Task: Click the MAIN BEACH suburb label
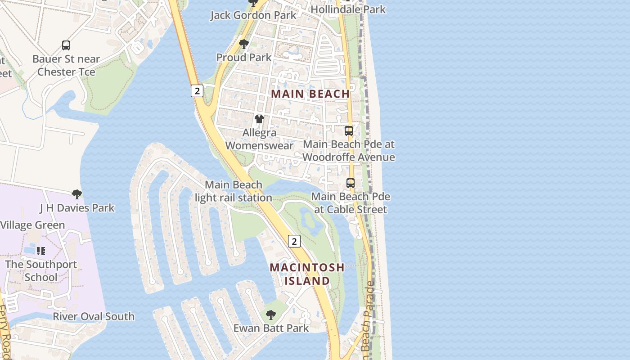tap(310, 94)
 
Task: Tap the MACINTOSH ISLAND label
tap(307, 274)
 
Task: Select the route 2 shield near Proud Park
tap(197, 90)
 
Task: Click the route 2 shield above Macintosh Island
tap(294, 241)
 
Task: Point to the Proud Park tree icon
tap(244, 44)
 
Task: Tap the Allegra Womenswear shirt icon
tap(259, 119)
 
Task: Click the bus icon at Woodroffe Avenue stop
tap(349, 131)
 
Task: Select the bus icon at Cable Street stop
tap(351, 183)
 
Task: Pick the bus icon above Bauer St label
tap(66, 45)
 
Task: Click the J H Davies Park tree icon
tap(77, 194)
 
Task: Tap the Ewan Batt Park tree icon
tap(270, 315)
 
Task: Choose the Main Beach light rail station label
tap(233, 191)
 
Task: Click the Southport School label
tap(41, 271)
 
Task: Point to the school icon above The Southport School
tap(41, 251)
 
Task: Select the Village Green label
tap(32, 225)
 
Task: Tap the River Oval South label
tap(94, 316)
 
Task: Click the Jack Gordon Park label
tap(254, 15)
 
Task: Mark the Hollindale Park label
tap(348, 9)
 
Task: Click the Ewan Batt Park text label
tap(271, 328)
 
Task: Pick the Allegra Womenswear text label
tap(259, 139)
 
